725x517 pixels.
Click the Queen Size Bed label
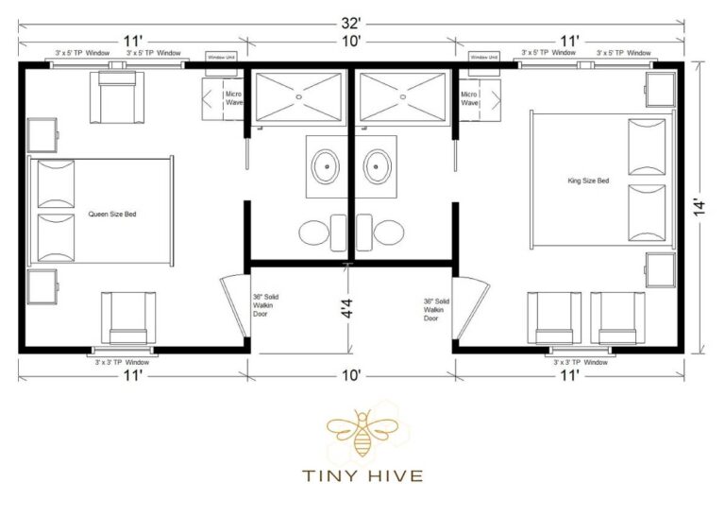coord(112,215)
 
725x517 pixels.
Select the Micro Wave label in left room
coord(234,97)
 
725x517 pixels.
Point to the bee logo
coord(362,433)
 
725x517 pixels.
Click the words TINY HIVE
coord(362,474)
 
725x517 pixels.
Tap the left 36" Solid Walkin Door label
coord(265,305)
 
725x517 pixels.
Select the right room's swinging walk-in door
coord(471,307)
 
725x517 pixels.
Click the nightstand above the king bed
coord(659,90)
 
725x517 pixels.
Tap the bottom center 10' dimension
coord(351,375)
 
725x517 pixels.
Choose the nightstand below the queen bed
coord(42,285)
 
